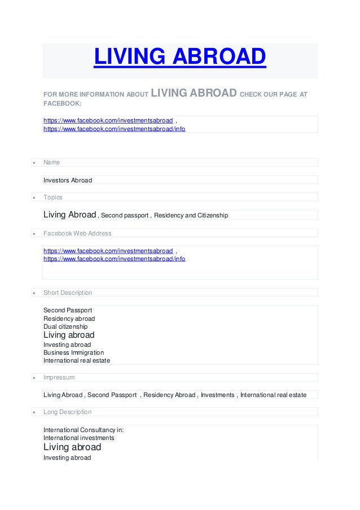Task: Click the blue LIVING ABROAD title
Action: click(x=179, y=57)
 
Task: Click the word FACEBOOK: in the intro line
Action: click(x=63, y=104)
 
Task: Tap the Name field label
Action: click(x=51, y=163)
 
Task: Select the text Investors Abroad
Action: click(x=68, y=180)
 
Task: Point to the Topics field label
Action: click(x=53, y=198)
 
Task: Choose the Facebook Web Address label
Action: click(x=77, y=233)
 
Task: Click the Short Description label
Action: click(x=68, y=293)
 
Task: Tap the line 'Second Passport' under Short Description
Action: click(x=68, y=310)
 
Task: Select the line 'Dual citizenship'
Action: click(x=65, y=326)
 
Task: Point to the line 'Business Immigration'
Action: click(x=73, y=352)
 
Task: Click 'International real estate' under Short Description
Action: click(x=77, y=360)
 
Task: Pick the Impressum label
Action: click(x=59, y=377)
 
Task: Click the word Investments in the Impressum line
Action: click(x=218, y=395)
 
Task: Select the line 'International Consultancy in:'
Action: click(x=84, y=430)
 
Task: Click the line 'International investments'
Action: click(x=79, y=438)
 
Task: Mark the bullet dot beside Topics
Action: click(x=34, y=198)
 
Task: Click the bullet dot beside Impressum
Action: click(x=34, y=378)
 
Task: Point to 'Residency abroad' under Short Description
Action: click(x=69, y=319)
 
